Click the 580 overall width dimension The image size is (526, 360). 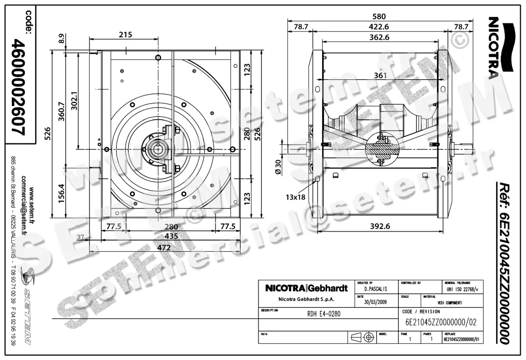point(379,17)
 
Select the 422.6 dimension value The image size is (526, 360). point(379,27)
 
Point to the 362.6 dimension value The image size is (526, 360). point(379,38)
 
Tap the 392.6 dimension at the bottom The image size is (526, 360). point(379,226)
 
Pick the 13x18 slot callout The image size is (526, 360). point(295,198)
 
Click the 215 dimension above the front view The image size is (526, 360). point(125,35)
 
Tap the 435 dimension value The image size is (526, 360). point(171,236)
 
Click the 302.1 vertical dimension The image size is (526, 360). point(74,101)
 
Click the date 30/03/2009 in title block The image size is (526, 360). point(376,302)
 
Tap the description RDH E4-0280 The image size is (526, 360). point(323,314)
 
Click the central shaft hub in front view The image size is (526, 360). point(157,149)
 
